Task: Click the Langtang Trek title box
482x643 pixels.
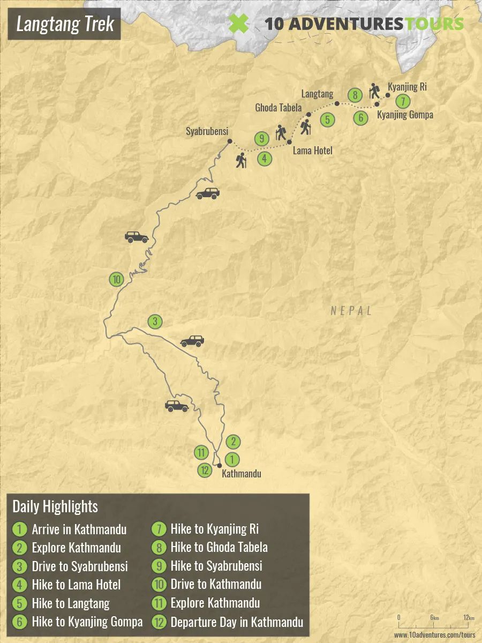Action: pyautogui.click(x=65, y=24)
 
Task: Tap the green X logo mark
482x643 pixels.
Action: pyautogui.click(x=238, y=24)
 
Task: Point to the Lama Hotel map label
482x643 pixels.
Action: pyautogui.click(x=312, y=151)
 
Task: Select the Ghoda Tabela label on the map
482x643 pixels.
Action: pyautogui.click(x=278, y=108)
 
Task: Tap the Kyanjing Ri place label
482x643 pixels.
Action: pyautogui.click(x=407, y=87)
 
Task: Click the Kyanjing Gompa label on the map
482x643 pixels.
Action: pyautogui.click(x=405, y=115)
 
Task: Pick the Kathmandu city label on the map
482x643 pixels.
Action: pyautogui.click(x=241, y=474)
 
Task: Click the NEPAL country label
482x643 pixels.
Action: pyautogui.click(x=351, y=311)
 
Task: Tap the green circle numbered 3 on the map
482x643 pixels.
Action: pyautogui.click(x=155, y=322)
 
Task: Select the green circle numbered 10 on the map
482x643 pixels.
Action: pyautogui.click(x=116, y=279)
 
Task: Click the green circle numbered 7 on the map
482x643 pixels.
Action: pyautogui.click(x=403, y=101)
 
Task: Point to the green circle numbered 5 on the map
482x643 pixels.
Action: pyautogui.click(x=328, y=120)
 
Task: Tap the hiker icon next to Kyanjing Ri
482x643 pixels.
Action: pyautogui.click(x=375, y=91)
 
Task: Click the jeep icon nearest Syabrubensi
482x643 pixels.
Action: pyautogui.click(x=207, y=193)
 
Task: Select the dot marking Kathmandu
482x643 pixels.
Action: pyautogui.click(x=219, y=466)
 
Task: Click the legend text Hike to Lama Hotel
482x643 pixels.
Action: pyautogui.click(x=76, y=585)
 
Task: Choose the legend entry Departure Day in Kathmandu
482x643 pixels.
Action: pyautogui.click(x=237, y=622)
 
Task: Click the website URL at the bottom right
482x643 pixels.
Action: pyautogui.click(x=434, y=635)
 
